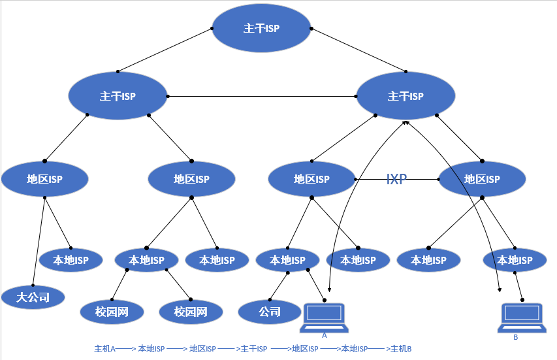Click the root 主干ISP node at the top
pyautogui.click(x=261, y=29)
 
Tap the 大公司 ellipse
pyautogui.click(x=33, y=297)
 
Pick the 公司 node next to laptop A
pyautogui.click(x=270, y=312)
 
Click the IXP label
pyautogui.click(x=396, y=179)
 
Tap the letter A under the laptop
pyautogui.click(x=325, y=335)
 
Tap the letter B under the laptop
pyautogui.click(x=515, y=337)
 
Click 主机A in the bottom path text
pyautogui.click(x=104, y=349)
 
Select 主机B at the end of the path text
pyautogui.click(x=400, y=349)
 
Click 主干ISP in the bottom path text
pyautogui.click(x=254, y=349)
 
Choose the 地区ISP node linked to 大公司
pyautogui.click(x=44, y=179)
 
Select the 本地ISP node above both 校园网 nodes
pyautogui.click(x=146, y=260)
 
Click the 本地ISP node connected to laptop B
pyautogui.click(x=515, y=260)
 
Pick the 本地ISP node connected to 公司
pyautogui.click(x=287, y=260)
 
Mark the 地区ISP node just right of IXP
pyautogui.click(x=482, y=179)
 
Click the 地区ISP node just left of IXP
pyautogui.click(x=311, y=179)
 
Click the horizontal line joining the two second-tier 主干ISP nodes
pyautogui.click(x=261, y=97)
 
